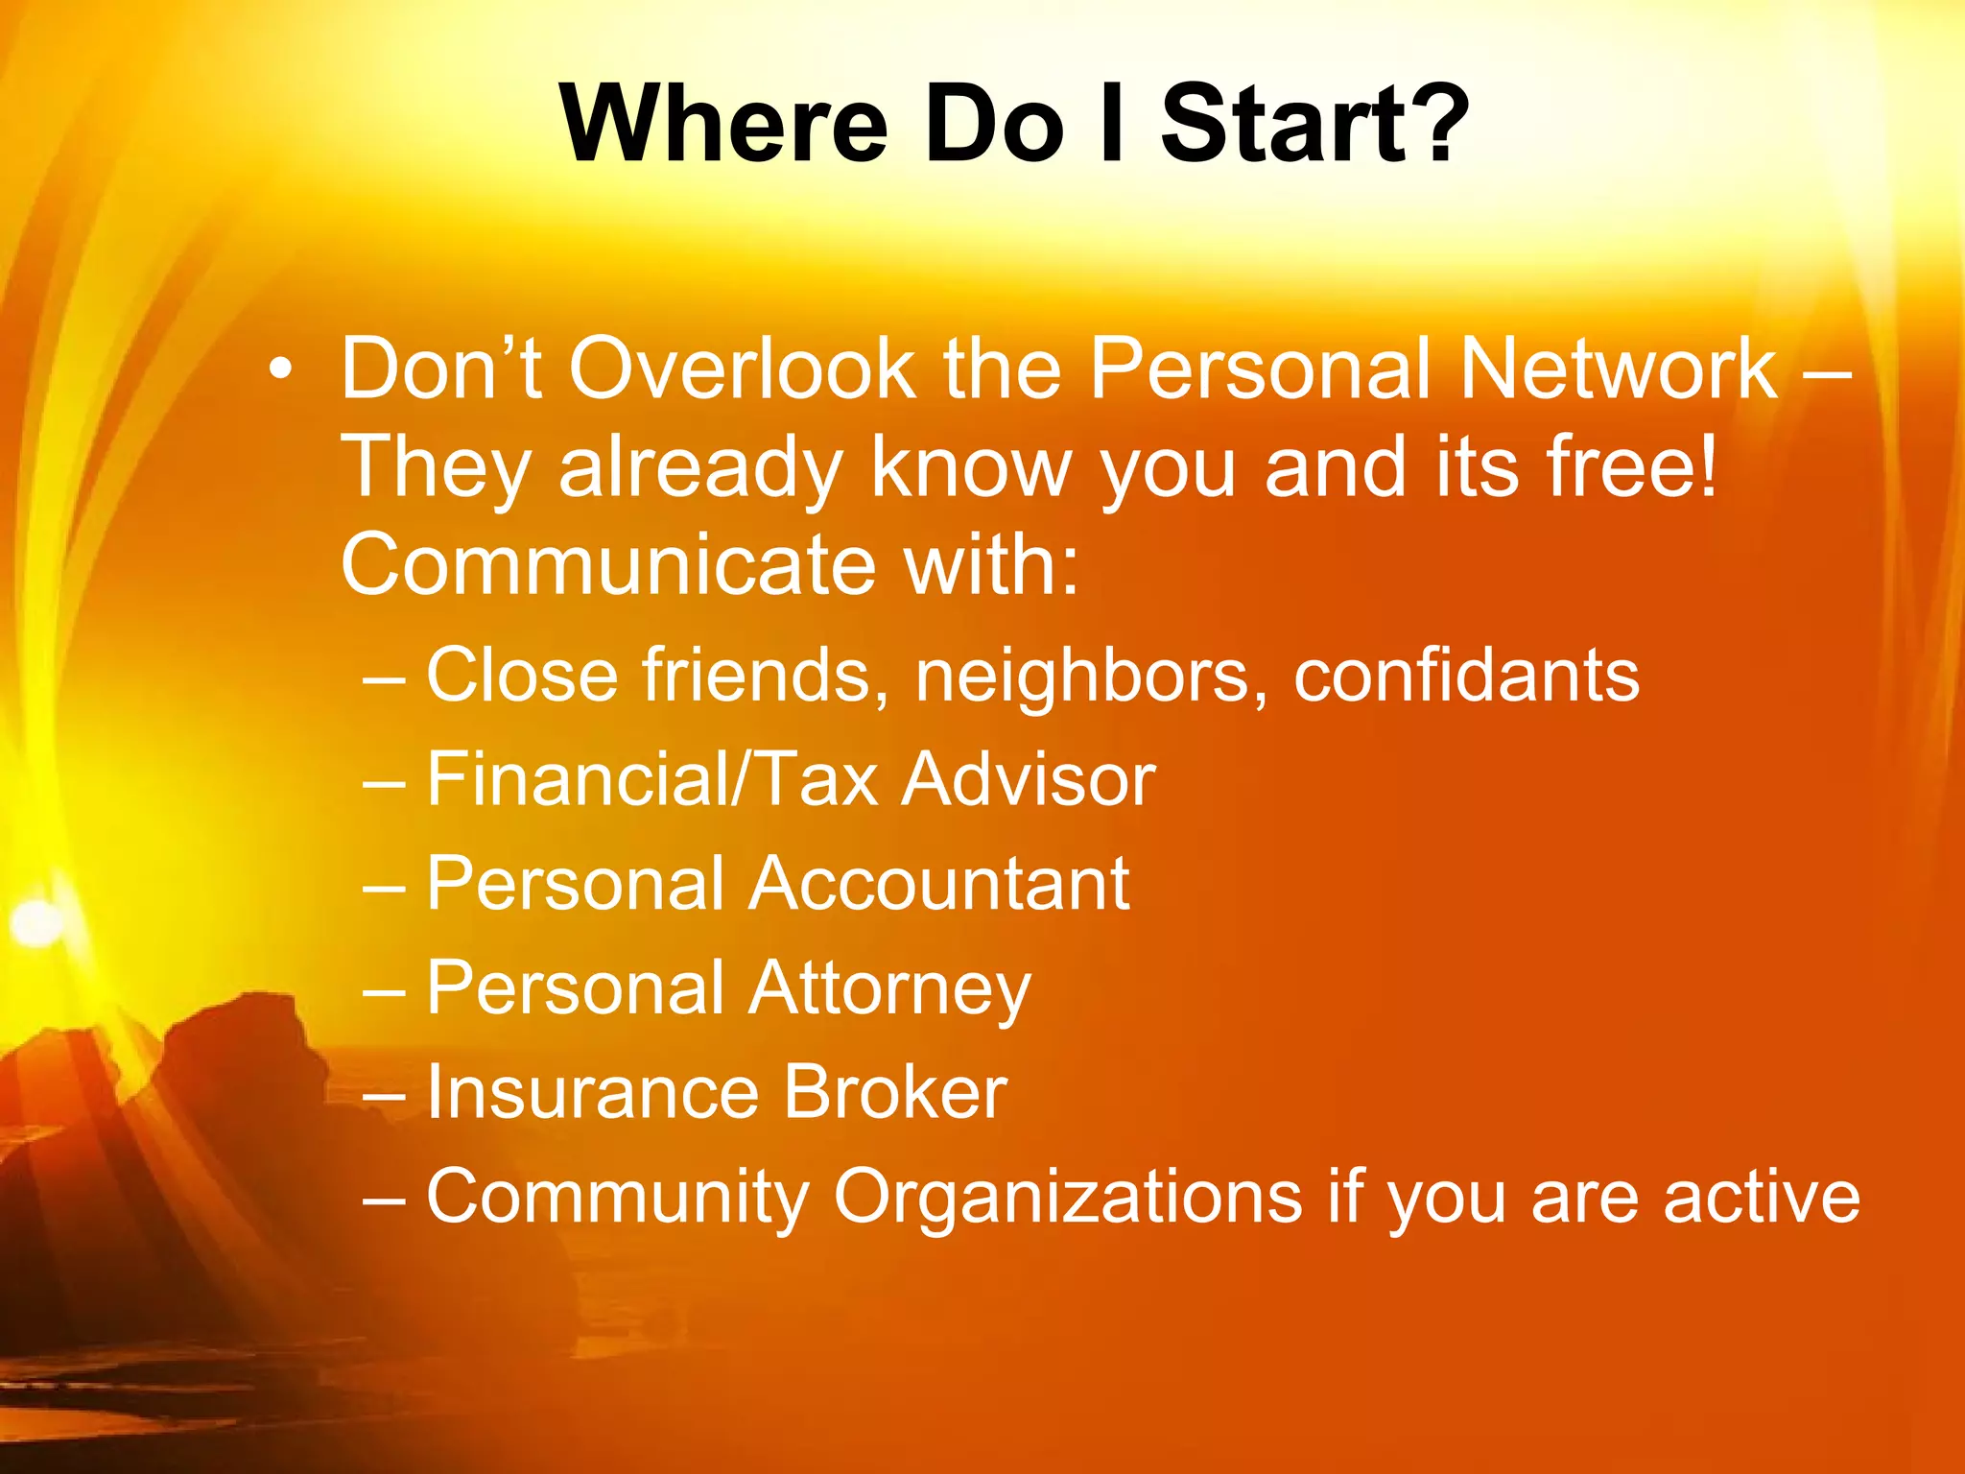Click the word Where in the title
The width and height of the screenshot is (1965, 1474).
tap(724, 126)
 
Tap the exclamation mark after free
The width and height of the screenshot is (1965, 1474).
tap(1706, 467)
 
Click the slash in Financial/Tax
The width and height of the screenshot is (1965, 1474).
tap(738, 779)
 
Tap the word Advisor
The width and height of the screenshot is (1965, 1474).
tap(1029, 779)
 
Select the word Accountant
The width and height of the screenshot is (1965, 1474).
tap(938, 884)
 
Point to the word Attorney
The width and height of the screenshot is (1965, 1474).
tap(889, 988)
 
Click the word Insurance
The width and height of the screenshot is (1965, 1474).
tap(593, 1092)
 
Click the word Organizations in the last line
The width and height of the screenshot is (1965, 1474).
tap(1068, 1198)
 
